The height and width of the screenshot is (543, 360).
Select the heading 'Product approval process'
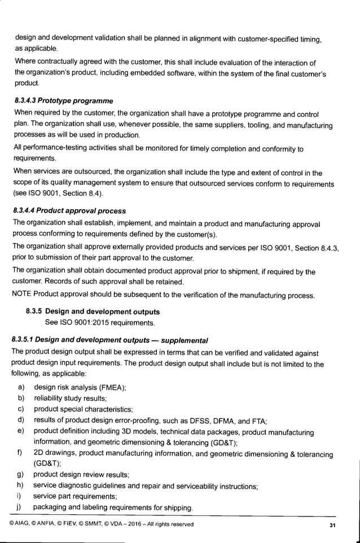[85, 211]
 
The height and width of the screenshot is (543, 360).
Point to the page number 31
[332, 526]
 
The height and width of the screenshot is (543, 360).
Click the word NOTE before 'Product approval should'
[21, 295]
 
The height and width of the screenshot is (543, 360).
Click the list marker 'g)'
[20, 474]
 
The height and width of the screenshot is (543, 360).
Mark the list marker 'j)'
[20, 507]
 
